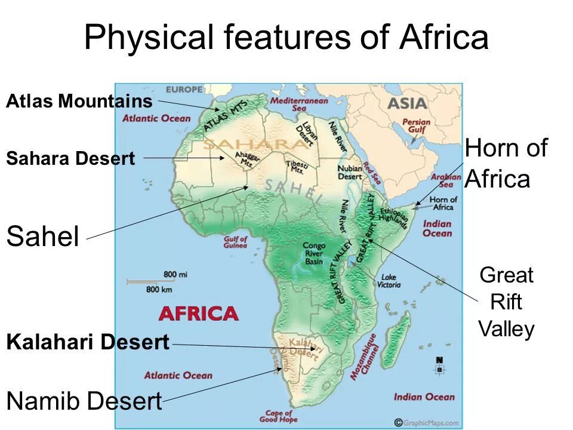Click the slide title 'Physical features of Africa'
286,37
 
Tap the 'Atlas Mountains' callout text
79,101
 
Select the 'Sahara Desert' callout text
70,159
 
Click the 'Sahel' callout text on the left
42,237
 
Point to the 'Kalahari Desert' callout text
88,343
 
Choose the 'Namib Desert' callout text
84,401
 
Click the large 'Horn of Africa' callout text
506,163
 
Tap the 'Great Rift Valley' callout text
507,302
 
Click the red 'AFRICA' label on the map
198,314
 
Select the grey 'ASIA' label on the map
407,103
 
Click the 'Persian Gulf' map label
416,126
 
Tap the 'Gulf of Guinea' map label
235,242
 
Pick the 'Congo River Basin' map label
313,253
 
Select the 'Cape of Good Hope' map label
278,416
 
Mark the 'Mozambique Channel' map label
363,357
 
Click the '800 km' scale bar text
159,289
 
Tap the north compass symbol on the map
439,365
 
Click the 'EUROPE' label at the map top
184,90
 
